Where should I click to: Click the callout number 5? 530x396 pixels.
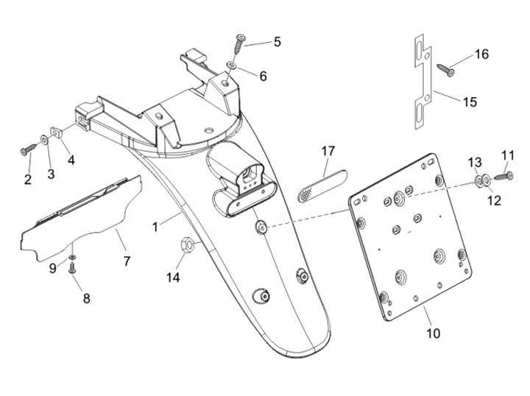277,42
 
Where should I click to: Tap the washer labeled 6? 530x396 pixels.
231,66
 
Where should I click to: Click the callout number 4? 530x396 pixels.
71,159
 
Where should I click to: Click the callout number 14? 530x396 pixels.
173,277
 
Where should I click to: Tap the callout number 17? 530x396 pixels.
328,151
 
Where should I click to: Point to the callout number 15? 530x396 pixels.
470,102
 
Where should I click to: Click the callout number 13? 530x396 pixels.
475,162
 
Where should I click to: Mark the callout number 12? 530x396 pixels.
493,199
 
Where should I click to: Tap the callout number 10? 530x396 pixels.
433,333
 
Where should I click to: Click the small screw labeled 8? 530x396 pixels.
73,270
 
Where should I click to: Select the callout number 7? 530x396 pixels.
127,261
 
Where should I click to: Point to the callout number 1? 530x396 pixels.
155,227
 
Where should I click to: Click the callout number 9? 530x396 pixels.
53,269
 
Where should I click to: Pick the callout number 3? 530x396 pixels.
51,174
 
